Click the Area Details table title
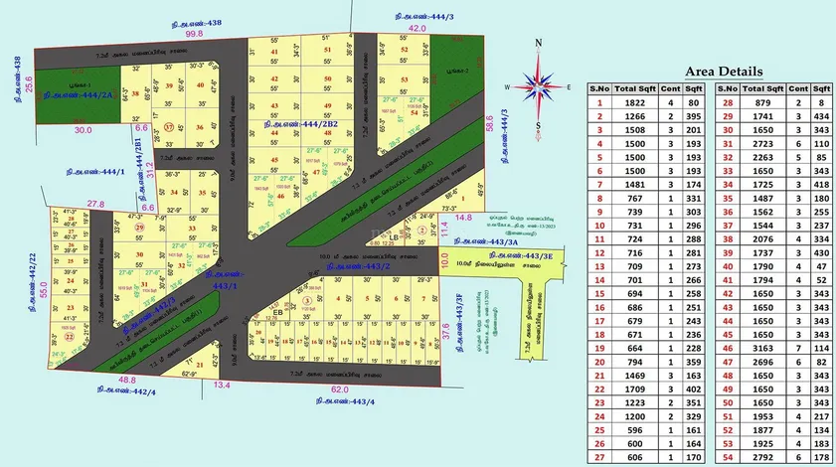tap(723, 72)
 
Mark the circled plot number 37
tap(170, 127)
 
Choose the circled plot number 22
tap(69, 337)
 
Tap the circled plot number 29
tap(140, 228)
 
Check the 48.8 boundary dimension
tap(127, 380)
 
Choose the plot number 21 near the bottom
tap(201, 365)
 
